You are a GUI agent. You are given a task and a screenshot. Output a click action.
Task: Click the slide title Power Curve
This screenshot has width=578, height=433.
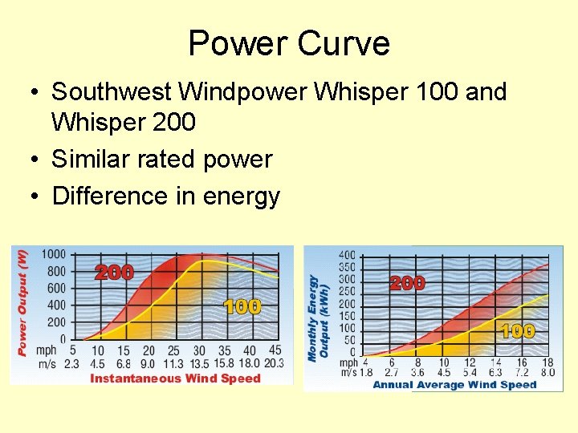click(289, 43)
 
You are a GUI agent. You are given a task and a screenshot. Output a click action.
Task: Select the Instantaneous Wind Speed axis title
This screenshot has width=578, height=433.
click(175, 378)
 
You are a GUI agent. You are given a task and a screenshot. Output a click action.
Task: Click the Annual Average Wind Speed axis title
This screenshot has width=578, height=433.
click(454, 385)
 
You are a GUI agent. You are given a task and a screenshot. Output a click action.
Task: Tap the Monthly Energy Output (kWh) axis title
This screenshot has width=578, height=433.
click(319, 317)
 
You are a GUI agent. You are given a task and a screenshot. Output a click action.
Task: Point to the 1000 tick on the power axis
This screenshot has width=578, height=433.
click(54, 254)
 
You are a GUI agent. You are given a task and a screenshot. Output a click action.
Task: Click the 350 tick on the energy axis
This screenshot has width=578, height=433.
click(347, 267)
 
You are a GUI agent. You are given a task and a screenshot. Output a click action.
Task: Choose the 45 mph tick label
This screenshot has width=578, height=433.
click(275, 350)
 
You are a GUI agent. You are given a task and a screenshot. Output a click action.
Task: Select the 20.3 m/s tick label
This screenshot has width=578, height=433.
click(273, 363)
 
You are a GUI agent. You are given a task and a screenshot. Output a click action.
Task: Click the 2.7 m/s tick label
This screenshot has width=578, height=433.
click(392, 372)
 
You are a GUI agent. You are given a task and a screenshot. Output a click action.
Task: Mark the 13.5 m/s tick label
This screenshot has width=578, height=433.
click(198, 363)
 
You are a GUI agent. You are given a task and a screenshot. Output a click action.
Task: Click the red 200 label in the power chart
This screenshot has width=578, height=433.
click(114, 273)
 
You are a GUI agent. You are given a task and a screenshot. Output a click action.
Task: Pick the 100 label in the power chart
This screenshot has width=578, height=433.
click(242, 307)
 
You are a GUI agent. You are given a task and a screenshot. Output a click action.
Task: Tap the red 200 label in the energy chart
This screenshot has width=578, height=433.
click(407, 283)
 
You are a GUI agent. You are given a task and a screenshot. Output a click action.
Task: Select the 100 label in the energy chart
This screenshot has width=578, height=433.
click(518, 330)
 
